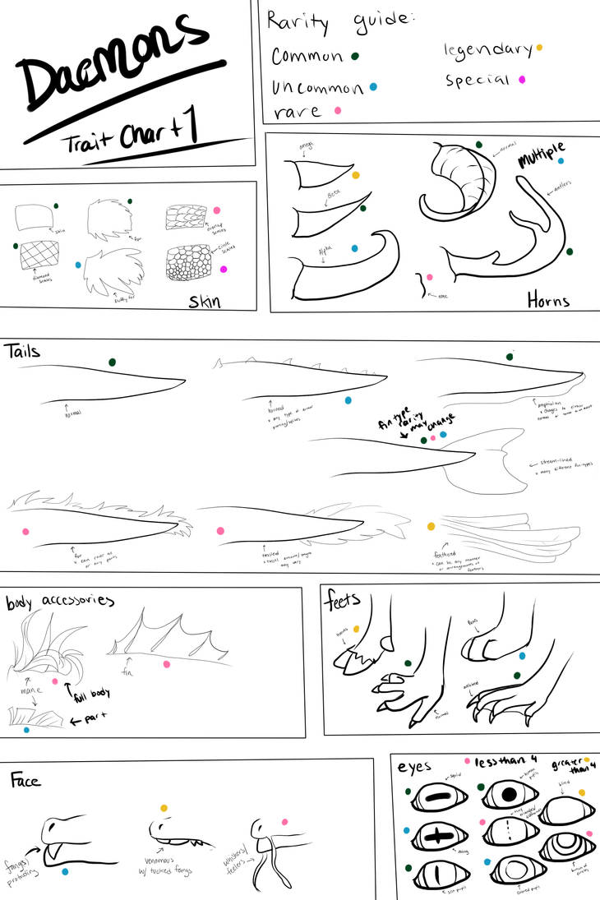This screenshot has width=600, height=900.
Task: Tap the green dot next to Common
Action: (x=355, y=56)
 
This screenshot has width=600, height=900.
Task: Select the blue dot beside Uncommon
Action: (x=374, y=86)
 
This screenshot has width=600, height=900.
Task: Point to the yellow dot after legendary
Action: (x=539, y=48)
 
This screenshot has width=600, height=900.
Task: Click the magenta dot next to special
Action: (x=522, y=80)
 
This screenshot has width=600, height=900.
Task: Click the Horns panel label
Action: (x=548, y=300)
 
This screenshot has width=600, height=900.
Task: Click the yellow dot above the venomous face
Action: (x=164, y=809)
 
